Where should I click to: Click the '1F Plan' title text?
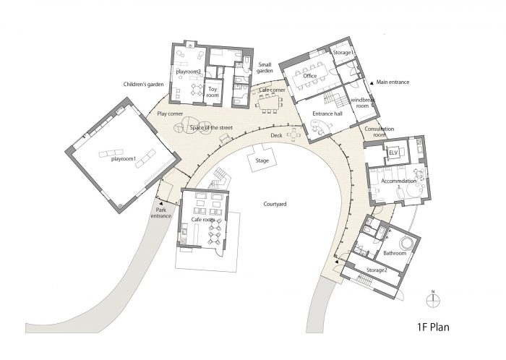[433, 327]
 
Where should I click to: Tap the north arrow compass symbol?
[433, 300]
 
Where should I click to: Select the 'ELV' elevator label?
[393, 153]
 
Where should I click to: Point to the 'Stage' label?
[262, 160]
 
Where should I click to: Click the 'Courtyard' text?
[275, 204]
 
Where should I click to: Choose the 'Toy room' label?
[213, 93]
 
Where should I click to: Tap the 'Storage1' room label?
[343, 52]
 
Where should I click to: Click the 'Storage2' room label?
[377, 270]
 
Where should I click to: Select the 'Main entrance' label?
[393, 82]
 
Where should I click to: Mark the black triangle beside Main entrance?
[372, 82]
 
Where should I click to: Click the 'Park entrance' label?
[160, 213]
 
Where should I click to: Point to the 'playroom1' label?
[124, 159]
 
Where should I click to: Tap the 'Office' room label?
[310, 76]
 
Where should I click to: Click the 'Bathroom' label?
[395, 253]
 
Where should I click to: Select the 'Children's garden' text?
[143, 84]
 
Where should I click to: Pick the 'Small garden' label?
[265, 67]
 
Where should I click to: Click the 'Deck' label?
[276, 135]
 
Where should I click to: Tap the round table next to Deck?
[293, 134]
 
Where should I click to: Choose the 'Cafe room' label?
[203, 219]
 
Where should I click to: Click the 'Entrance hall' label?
[327, 113]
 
